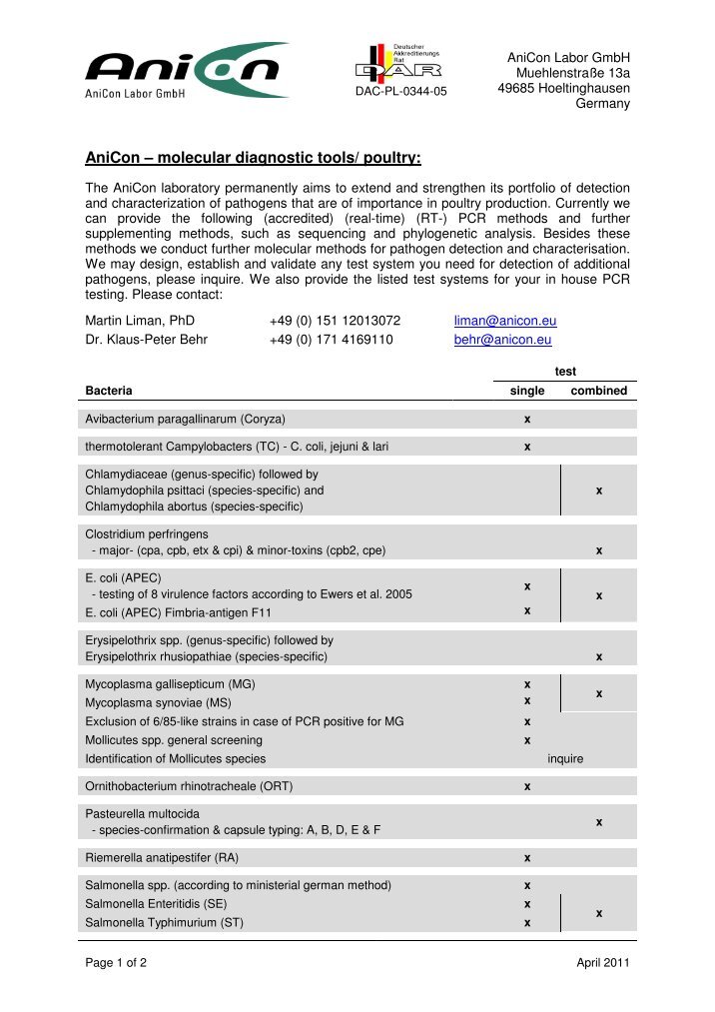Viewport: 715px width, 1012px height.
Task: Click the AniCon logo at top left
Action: pos(186,70)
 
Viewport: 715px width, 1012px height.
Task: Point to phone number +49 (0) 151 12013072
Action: pos(335,321)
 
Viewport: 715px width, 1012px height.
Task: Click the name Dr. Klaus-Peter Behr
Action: pos(146,340)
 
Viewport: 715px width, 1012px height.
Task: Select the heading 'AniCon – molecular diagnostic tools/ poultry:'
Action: pos(253,158)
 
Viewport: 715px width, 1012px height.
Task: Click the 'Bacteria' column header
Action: pos(109,391)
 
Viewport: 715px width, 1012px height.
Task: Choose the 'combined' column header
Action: pos(598,391)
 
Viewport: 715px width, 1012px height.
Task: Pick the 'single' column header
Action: pos(527,391)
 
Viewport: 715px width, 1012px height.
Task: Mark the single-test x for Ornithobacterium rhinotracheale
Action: pos(527,786)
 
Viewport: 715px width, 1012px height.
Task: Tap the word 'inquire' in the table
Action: pos(565,759)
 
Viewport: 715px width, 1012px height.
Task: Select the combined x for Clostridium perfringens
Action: pos(598,550)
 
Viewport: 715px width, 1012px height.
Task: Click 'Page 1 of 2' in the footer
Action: pos(117,962)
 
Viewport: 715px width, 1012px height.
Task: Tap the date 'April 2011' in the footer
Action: pos(602,962)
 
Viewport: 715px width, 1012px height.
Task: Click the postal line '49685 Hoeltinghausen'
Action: pos(563,88)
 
